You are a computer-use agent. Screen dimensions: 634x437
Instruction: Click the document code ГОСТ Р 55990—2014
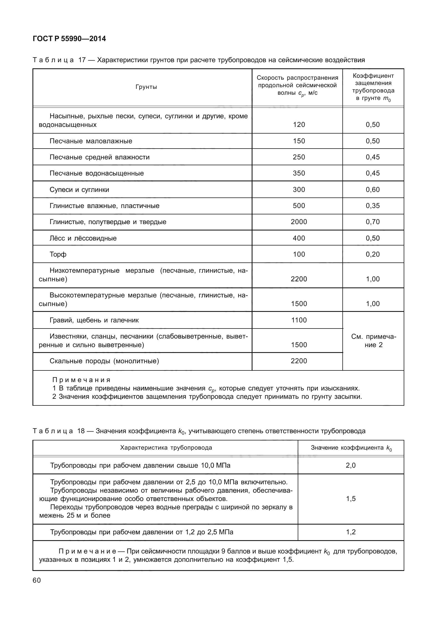click(69, 39)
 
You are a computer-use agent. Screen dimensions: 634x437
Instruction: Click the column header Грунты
click(146, 87)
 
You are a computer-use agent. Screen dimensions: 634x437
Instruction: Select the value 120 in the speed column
click(299, 125)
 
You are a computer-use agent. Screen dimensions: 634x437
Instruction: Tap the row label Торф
click(58, 254)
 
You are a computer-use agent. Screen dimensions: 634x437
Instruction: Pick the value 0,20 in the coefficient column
click(373, 254)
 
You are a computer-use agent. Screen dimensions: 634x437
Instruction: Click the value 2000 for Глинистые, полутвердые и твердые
click(299, 222)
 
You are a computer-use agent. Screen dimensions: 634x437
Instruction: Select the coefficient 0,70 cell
click(373, 222)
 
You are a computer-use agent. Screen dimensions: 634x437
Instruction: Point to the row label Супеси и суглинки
click(79, 190)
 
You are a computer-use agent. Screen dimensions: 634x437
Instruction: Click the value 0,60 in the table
click(373, 190)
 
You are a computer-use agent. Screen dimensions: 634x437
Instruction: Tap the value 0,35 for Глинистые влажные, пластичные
click(373, 206)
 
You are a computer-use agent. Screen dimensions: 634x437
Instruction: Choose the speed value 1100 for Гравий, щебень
click(299, 320)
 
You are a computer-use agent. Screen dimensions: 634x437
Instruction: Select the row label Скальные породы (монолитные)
click(104, 361)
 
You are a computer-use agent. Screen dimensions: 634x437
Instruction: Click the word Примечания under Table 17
click(81, 380)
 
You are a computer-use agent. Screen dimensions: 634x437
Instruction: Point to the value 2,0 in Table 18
click(351, 465)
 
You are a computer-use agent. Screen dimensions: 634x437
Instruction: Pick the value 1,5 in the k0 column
click(351, 499)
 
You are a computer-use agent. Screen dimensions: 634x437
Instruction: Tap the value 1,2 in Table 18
click(351, 532)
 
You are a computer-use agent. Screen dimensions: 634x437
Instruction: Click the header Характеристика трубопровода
click(166, 448)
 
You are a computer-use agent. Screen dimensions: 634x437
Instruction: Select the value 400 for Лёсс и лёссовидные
click(299, 238)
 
